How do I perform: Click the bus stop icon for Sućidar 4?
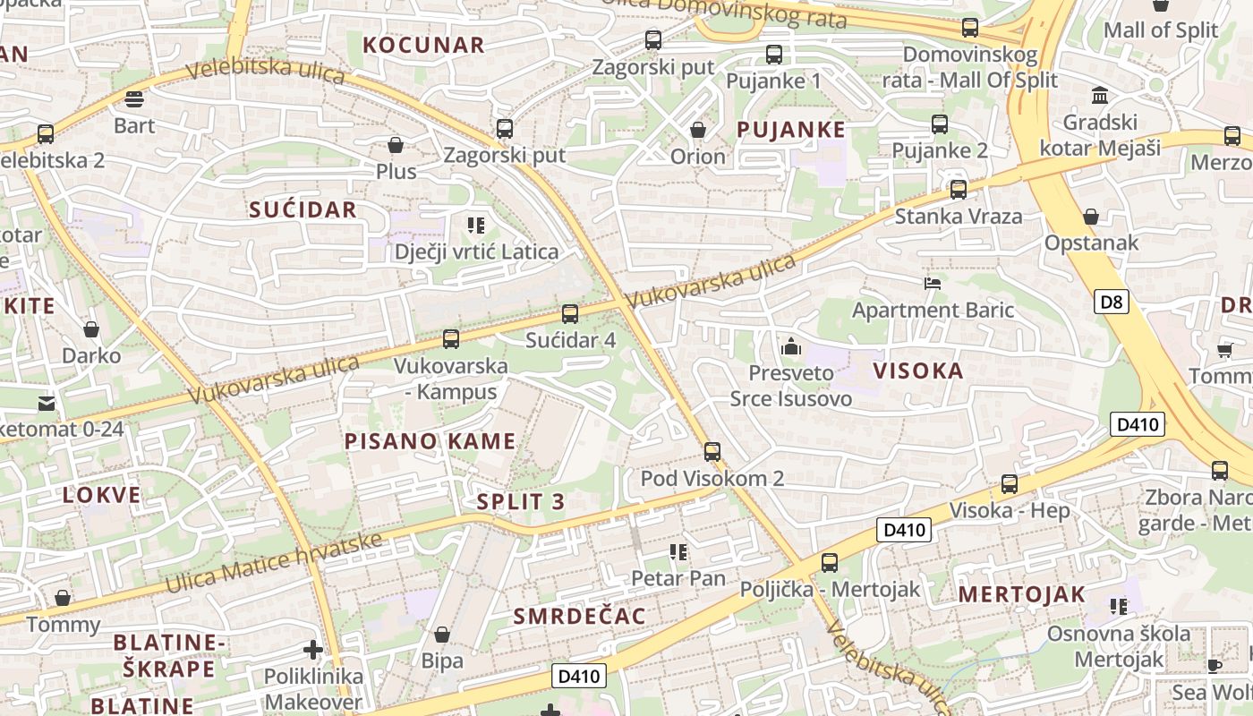click(x=570, y=314)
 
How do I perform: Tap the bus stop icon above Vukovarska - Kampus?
click(x=451, y=339)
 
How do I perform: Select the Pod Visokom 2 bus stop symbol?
click(x=712, y=452)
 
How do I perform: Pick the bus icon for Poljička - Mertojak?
click(x=830, y=563)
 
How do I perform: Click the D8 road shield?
click(x=1111, y=302)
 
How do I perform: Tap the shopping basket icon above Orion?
click(x=698, y=130)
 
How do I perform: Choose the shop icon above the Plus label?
click(x=396, y=144)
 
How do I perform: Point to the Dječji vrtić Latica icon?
click(x=476, y=226)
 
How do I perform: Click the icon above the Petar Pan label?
click(x=678, y=552)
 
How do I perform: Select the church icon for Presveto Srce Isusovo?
click(x=791, y=346)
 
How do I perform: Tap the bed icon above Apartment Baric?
click(x=933, y=284)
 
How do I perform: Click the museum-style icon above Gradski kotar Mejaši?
click(x=1100, y=96)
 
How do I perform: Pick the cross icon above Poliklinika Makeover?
click(x=312, y=650)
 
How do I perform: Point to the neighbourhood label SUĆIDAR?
click(x=303, y=210)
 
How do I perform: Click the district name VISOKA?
click(x=918, y=371)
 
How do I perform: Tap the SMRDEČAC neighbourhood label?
click(x=579, y=616)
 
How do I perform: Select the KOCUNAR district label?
click(x=423, y=45)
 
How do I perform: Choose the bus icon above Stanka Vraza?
click(x=959, y=190)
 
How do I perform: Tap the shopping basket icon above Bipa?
click(x=442, y=635)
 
